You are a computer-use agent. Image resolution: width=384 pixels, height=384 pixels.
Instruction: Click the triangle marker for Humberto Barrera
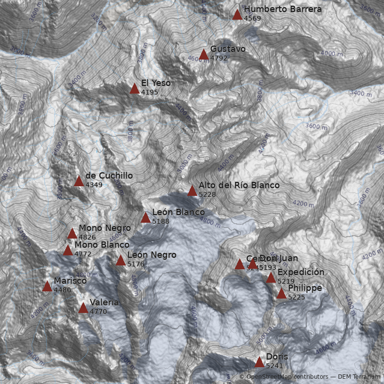[x=237, y=15]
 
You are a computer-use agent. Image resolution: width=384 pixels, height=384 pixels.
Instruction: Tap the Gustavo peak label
[x=228, y=49]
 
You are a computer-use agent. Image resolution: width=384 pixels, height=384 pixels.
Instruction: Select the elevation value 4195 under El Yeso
[x=149, y=92]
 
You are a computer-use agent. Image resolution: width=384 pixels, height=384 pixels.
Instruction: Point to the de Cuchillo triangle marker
[x=79, y=181]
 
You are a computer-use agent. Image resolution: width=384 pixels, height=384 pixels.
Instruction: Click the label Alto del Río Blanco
[x=239, y=185]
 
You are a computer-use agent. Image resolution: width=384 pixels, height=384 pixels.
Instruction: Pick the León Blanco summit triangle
[x=145, y=218]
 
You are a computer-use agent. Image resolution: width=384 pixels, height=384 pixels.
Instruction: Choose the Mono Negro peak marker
[x=72, y=234]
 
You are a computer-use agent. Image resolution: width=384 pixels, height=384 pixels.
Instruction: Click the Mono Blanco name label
[x=102, y=245]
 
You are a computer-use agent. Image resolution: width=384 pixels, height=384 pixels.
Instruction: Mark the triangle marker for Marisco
[x=47, y=287]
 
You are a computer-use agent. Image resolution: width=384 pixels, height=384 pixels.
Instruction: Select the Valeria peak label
[x=104, y=302]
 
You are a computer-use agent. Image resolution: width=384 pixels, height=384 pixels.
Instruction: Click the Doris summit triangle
[x=259, y=362]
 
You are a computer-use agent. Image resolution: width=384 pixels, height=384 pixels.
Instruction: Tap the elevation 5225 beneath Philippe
[x=296, y=297]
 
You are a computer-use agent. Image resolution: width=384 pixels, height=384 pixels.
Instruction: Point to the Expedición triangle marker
[x=271, y=278]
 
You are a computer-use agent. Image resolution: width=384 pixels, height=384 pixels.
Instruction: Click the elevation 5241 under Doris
[x=274, y=366]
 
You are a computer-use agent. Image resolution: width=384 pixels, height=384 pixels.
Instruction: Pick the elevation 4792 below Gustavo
[x=218, y=58]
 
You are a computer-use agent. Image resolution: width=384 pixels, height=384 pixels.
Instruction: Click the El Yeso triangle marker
[x=134, y=89]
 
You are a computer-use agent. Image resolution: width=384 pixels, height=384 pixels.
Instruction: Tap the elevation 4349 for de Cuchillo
[x=94, y=185]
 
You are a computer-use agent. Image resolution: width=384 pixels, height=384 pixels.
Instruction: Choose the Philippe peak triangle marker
[x=281, y=294]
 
